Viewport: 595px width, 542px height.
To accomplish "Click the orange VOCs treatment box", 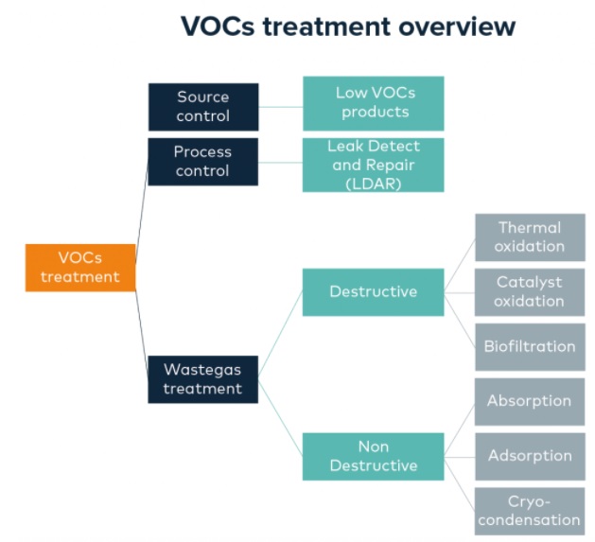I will pos(80,268).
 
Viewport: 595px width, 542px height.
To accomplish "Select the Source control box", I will pos(202,107).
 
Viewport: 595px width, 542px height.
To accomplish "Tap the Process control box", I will pos(202,162).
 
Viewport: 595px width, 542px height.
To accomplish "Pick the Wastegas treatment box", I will pos(202,378).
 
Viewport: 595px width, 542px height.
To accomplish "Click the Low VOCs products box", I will pos(373,103).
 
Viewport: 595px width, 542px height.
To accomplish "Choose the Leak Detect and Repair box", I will pos(373,165).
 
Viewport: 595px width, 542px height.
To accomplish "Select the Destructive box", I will pos(373,291).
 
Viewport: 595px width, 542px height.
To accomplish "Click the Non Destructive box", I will pos(373,456).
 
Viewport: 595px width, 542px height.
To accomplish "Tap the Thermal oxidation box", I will pos(530,237).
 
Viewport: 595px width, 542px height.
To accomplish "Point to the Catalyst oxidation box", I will pos(530,291).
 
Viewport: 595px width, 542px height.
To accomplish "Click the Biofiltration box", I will pos(530,346).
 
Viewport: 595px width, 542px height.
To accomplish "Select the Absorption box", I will pos(530,401).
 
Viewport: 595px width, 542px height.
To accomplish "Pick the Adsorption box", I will pos(530,456).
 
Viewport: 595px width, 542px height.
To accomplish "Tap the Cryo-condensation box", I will pos(530,510).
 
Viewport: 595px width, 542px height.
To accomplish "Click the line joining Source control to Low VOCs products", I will pos(280,106).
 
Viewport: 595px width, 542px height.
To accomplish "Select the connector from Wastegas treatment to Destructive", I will pos(280,333).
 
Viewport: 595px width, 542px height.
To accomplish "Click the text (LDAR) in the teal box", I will pos(373,183).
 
